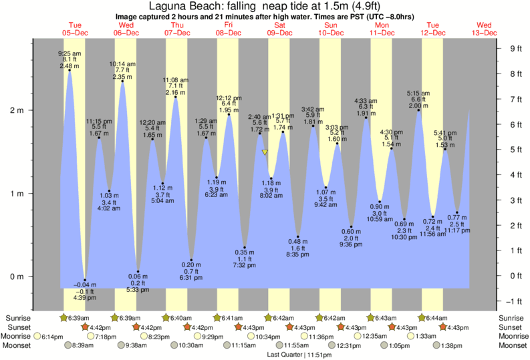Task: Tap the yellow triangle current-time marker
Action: pos(265,152)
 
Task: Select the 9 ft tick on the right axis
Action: pos(515,48)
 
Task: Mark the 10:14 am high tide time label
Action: pos(122,64)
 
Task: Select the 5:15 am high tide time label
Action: pos(418,93)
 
